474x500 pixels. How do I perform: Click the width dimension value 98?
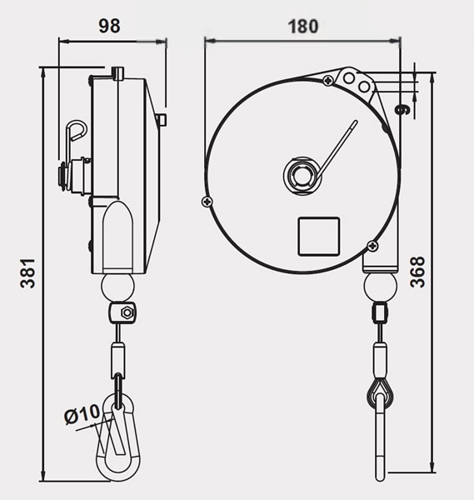(x=108, y=26)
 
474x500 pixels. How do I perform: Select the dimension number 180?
(x=302, y=26)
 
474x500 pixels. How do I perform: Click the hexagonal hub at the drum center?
(x=301, y=175)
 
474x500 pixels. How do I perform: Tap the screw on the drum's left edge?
(x=207, y=200)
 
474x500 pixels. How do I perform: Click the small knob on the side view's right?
(x=163, y=121)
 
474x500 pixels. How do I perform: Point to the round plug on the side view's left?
(x=62, y=176)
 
